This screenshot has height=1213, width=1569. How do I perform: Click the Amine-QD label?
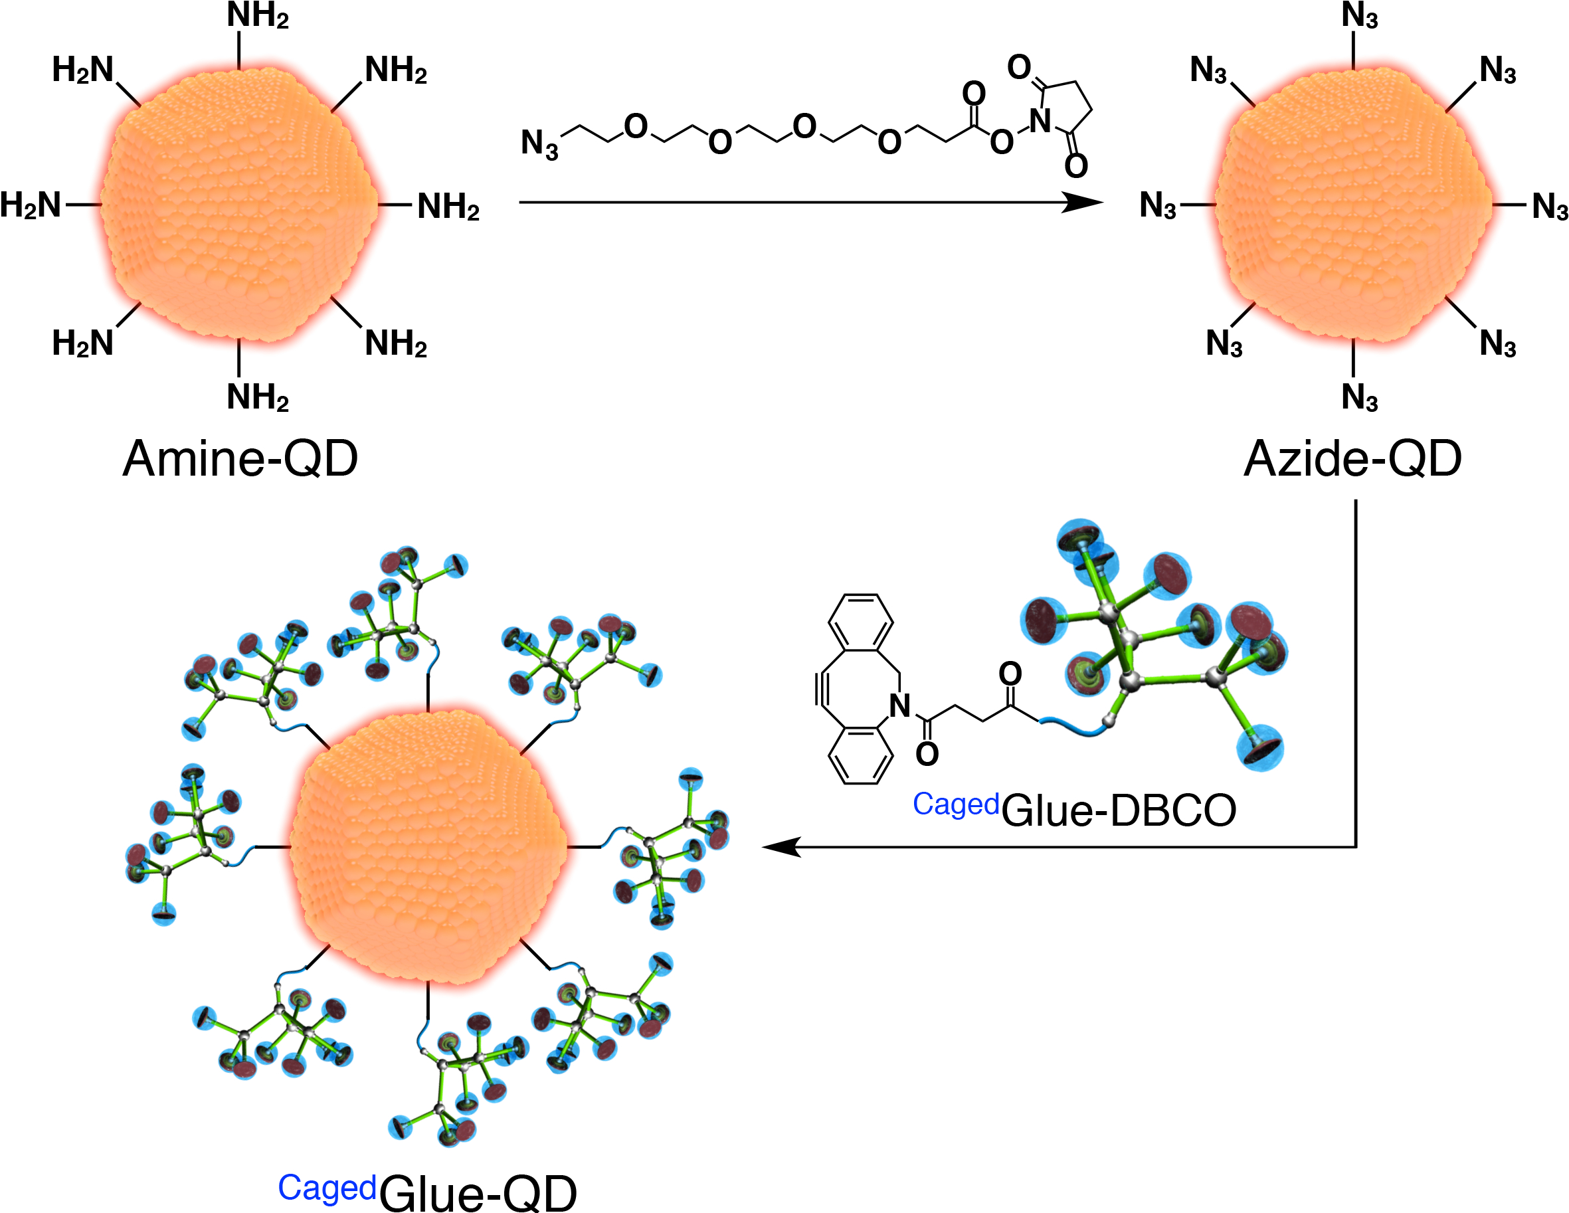point(240,458)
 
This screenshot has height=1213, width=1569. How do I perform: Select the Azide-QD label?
point(1352,458)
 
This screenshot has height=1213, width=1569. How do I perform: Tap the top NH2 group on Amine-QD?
point(257,16)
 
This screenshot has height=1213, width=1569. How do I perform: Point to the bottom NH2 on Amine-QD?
point(257,397)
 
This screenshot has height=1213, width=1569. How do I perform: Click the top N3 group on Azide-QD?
point(1359,16)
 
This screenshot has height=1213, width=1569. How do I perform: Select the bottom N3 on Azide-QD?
point(1359,397)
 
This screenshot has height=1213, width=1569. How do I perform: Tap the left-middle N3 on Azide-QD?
point(1158,206)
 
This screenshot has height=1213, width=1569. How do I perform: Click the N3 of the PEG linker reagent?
point(539,143)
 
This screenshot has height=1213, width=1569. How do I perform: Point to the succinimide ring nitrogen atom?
point(1040,120)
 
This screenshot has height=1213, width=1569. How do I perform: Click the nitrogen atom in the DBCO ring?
point(900,705)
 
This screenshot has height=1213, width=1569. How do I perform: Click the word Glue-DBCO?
point(1119,810)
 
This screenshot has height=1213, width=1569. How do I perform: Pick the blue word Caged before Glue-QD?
point(327,1188)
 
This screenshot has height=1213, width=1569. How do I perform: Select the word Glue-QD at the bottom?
point(478,1194)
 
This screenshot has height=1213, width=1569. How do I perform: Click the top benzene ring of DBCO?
point(861,622)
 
